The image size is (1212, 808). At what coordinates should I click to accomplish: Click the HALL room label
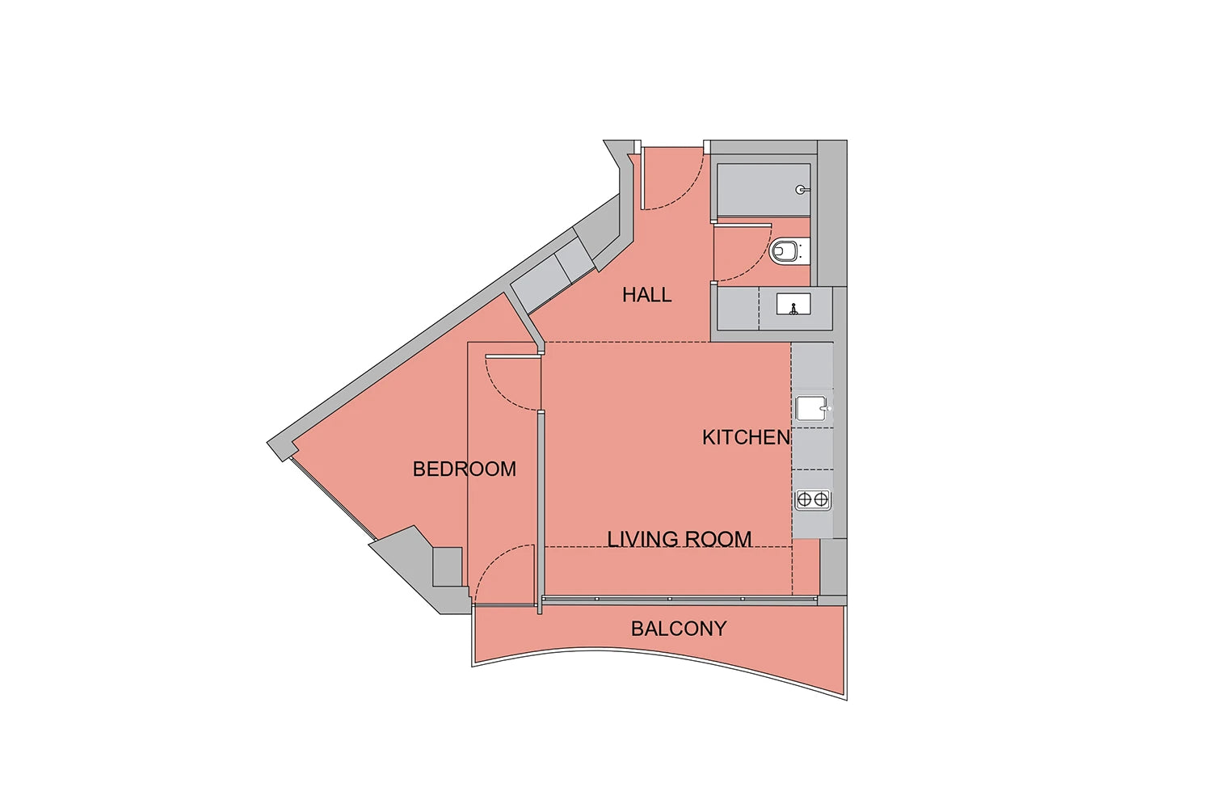click(646, 295)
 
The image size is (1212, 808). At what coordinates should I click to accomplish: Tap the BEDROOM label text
click(465, 469)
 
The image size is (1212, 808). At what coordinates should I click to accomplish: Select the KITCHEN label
click(747, 437)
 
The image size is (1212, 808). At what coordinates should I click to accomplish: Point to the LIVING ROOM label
click(680, 539)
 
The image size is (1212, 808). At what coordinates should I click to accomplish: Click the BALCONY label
click(679, 629)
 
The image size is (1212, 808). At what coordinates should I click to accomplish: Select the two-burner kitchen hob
click(813, 499)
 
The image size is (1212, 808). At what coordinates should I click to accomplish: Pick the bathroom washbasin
click(793, 304)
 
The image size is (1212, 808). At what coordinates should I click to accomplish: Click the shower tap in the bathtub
click(802, 190)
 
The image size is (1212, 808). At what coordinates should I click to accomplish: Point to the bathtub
click(764, 190)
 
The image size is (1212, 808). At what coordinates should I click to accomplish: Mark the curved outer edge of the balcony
click(658, 654)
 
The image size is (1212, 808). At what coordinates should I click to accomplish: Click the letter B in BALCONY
click(638, 629)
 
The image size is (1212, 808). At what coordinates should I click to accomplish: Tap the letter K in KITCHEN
click(709, 437)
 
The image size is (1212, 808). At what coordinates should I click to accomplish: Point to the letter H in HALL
click(629, 295)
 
